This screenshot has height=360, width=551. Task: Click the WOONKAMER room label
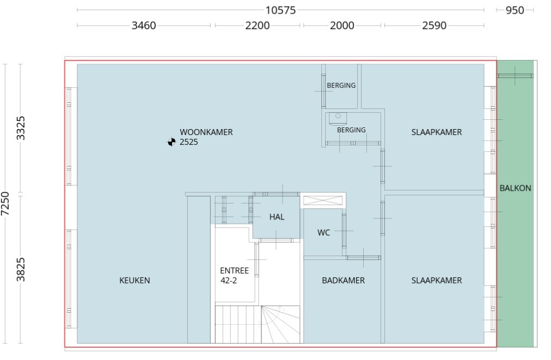pyautogui.click(x=206, y=132)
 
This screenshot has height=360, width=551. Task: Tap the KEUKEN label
pyautogui.click(x=134, y=280)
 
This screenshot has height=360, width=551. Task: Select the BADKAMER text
pyautogui.click(x=343, y=280)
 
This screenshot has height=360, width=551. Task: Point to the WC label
pyautogui.click(x=323, y=233)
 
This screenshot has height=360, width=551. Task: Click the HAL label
pyautogui.click(x=277, y=217)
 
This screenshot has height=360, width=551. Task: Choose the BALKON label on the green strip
pyautogui.click(x=515, y=188)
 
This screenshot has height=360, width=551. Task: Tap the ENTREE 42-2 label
pyautogui.click(x=234, y=276)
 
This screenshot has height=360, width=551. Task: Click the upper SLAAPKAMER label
pyautogui.click(x=437, y=132)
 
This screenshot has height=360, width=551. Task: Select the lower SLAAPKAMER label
pyautogui.click(x=437, y=280)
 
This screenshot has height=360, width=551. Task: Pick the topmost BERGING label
pyautogui.click(x=341, y=86)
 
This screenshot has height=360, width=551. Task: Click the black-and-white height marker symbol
pyautogui.click(x=172, y=143)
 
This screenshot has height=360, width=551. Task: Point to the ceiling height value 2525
pyautogui.click(x=189, y=143)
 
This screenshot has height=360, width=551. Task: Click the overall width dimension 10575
pyautogui.click(x=280, y=10)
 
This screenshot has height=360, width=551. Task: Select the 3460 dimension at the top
pyautogui.click(x=144, y=26)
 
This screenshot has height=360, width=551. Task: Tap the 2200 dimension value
pyautogui.click(x=257, y=26)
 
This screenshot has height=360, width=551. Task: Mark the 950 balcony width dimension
pyautogui.click(x=515, y=10)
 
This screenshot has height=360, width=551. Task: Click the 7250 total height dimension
pyautogui.click(x=5, y=204)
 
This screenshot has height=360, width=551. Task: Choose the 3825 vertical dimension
pyautogui.click(x=21, y=269)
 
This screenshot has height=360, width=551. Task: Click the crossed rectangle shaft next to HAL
pyautogui.click(x=323, y=200)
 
